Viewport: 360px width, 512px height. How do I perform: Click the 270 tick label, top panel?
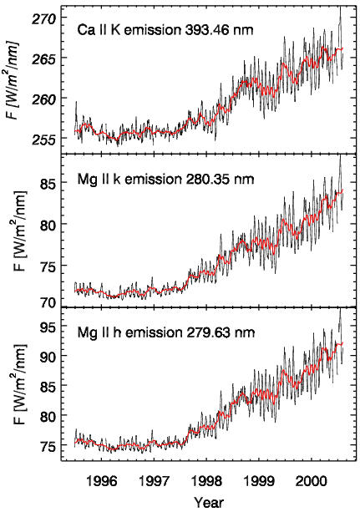click(43, 19)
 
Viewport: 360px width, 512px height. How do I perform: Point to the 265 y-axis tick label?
click(43, 60)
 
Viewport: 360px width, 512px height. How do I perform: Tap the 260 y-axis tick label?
click(43, 99)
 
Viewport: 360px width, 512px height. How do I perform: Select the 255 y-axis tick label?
click(43, 139)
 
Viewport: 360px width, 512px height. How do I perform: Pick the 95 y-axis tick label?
click(48, 327)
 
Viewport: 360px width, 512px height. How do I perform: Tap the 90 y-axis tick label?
click(48, 356)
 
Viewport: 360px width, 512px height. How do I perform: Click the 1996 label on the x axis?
click(101, 481)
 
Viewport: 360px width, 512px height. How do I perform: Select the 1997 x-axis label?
click(154, 481)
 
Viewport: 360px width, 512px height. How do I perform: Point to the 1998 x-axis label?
click(206, 481)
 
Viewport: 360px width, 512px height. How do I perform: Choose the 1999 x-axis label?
click(259, 481)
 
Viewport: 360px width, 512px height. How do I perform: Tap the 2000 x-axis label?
click(312, 481)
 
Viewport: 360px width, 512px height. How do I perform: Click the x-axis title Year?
click(209, 502)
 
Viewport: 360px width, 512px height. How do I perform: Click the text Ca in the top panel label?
click(85, 30)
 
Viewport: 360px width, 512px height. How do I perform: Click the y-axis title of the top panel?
click(13, 80)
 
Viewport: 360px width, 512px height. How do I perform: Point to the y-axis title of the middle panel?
click(18, 231)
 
